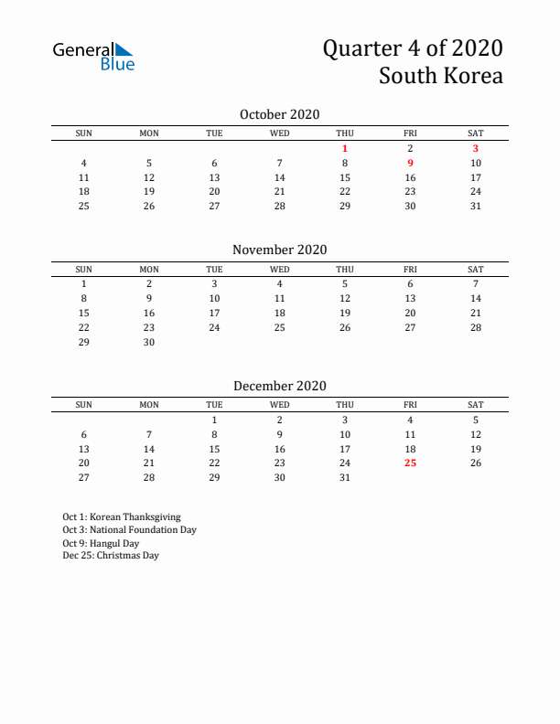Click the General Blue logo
[x=93, y=56]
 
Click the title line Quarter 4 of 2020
[x=412, y=48]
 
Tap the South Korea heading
[x=441, y=76]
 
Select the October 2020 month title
[x=279, y=114]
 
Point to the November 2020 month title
[x=279, y=250]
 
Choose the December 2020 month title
[x=279, y=386]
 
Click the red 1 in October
[x=345, y=148]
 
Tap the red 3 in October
[x=476, y=148]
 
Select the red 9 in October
[x=410, y=163]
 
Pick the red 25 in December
[x=410, y=463]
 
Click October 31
[x=476, y=206]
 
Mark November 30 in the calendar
[x=149, y=342]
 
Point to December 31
[x=345, y=477]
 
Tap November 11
[x=280, y=298]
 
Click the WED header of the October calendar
[x=280, y=133]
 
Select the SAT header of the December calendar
[x=476, y=405]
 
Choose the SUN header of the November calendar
[x=83, y=269]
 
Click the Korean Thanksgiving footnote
[x=122, y=516]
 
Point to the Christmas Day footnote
[x=111, y=555]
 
